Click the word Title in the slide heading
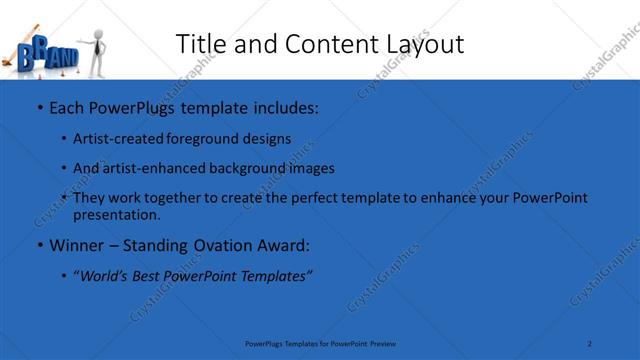coord(200,44)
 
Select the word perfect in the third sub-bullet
coord(348,198)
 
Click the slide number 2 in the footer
coord(590,343)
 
